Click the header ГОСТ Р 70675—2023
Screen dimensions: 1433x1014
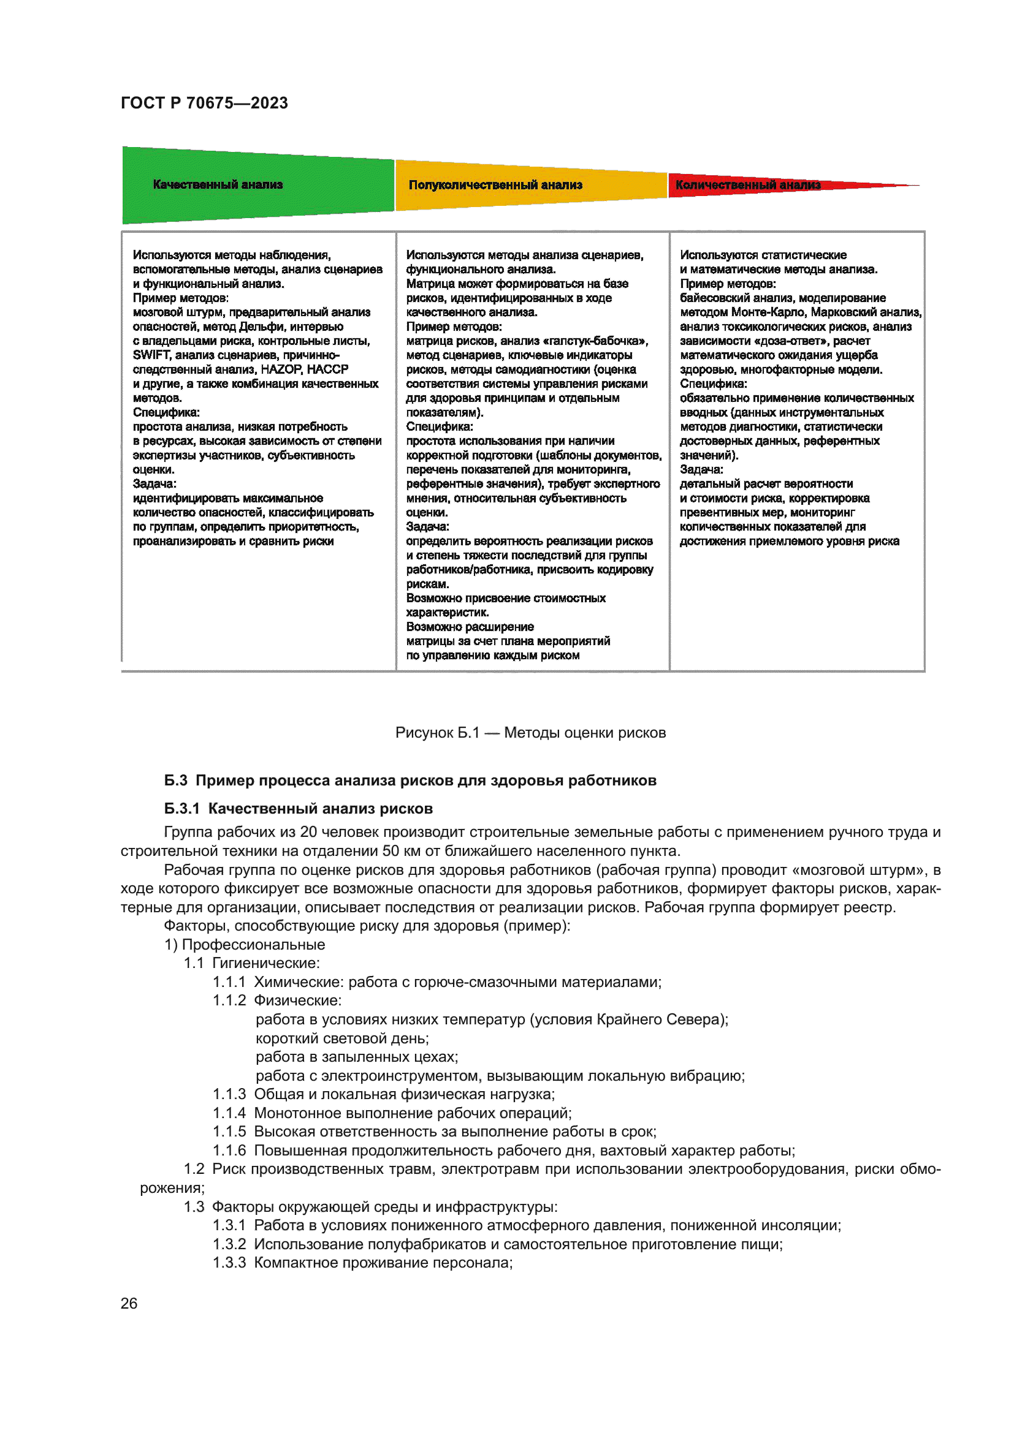click(204, 103)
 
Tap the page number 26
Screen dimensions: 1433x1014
click(129, 1303)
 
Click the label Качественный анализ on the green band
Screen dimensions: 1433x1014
click(217, 185)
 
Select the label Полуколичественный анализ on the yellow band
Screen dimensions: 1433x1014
click(495, 186)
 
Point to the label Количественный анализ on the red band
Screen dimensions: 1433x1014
click(747, 186)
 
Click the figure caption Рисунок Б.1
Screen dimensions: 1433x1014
click(437, 733)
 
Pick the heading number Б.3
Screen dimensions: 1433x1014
click(175, 781)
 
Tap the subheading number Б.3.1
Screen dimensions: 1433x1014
click(181, 809)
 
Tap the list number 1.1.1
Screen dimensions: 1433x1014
click(229, 982)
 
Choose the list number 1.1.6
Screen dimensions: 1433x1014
click(229, 1151)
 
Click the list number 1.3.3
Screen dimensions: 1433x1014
click(229, 1263)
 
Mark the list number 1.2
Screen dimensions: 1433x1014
click(194, 1169)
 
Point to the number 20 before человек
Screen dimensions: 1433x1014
click(308, 833)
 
